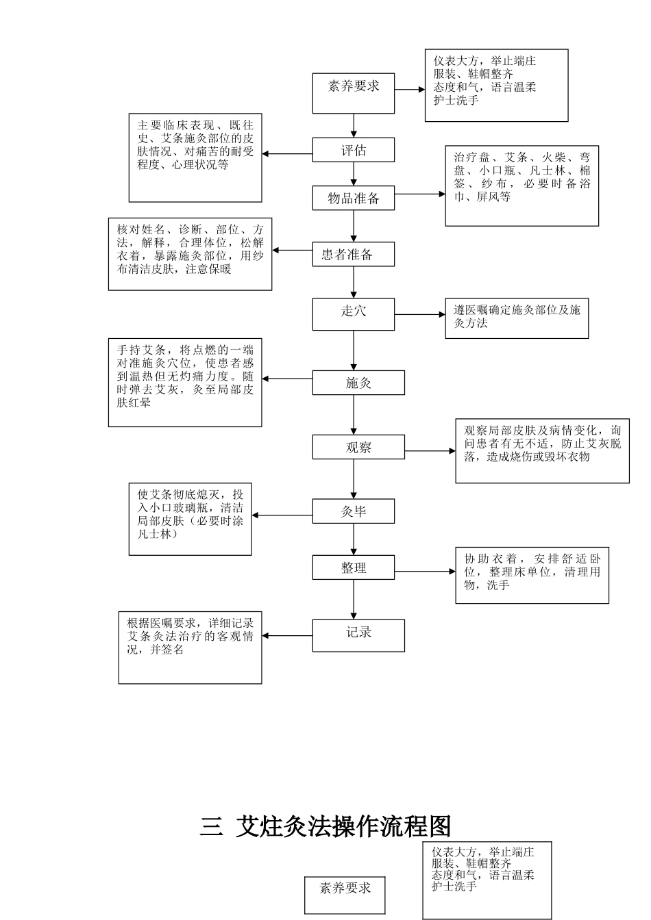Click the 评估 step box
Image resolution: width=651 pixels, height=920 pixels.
354,150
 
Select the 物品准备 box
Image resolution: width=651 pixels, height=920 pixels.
354,198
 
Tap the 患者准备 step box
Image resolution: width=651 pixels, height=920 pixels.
354,255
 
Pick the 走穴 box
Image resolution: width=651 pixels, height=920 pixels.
354,314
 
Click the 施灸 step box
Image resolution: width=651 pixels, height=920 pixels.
358,383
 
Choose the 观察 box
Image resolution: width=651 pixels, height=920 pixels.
358,448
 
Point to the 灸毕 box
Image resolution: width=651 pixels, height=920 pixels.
354,511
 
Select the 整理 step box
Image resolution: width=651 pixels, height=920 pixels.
354,567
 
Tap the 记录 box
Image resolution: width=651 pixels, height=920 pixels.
358,635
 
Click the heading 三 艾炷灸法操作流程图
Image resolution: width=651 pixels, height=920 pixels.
325,827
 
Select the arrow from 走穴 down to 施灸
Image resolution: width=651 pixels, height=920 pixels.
354,350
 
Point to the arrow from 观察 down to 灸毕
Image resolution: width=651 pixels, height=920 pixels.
354,479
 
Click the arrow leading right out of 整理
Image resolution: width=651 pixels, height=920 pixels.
425,571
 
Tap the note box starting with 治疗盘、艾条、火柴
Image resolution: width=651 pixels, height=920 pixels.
521,186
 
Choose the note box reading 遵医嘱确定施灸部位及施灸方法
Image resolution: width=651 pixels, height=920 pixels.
517,318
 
